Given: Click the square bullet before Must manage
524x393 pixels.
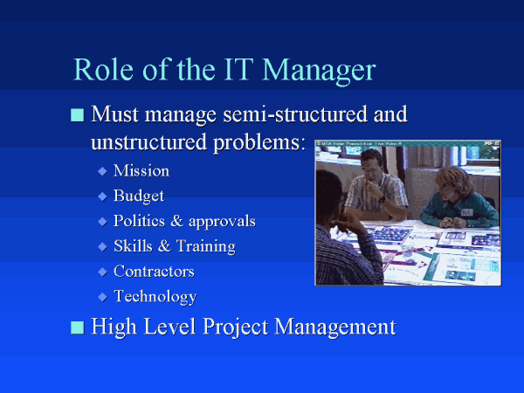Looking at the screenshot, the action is tap(77, 115).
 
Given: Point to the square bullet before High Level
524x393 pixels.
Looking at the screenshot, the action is tap(77, 327).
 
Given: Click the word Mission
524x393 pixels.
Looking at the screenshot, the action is tap(141, 170).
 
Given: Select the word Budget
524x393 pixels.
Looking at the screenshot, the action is tap(139, 196).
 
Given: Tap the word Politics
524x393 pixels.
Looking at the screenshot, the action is tap(139, 221).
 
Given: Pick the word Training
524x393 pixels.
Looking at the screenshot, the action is tap(206, 247).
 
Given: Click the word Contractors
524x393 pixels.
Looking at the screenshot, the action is tap(154, 271).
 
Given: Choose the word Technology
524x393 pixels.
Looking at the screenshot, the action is tap(155, 297).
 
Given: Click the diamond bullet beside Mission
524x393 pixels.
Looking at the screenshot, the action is tap(102, 171).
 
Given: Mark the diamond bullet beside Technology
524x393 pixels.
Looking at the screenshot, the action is tap(102, 297).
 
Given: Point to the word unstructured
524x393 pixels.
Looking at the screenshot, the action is tap(149, 141).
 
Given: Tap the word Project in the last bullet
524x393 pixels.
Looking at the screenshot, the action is tap(235, 327).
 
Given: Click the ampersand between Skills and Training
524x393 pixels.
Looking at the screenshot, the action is tap(164, 246).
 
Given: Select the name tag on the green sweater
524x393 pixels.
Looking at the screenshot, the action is tap(466, 212).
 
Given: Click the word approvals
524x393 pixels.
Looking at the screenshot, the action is tap(222, 222).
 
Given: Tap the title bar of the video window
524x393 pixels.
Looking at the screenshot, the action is tap(408, 143).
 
